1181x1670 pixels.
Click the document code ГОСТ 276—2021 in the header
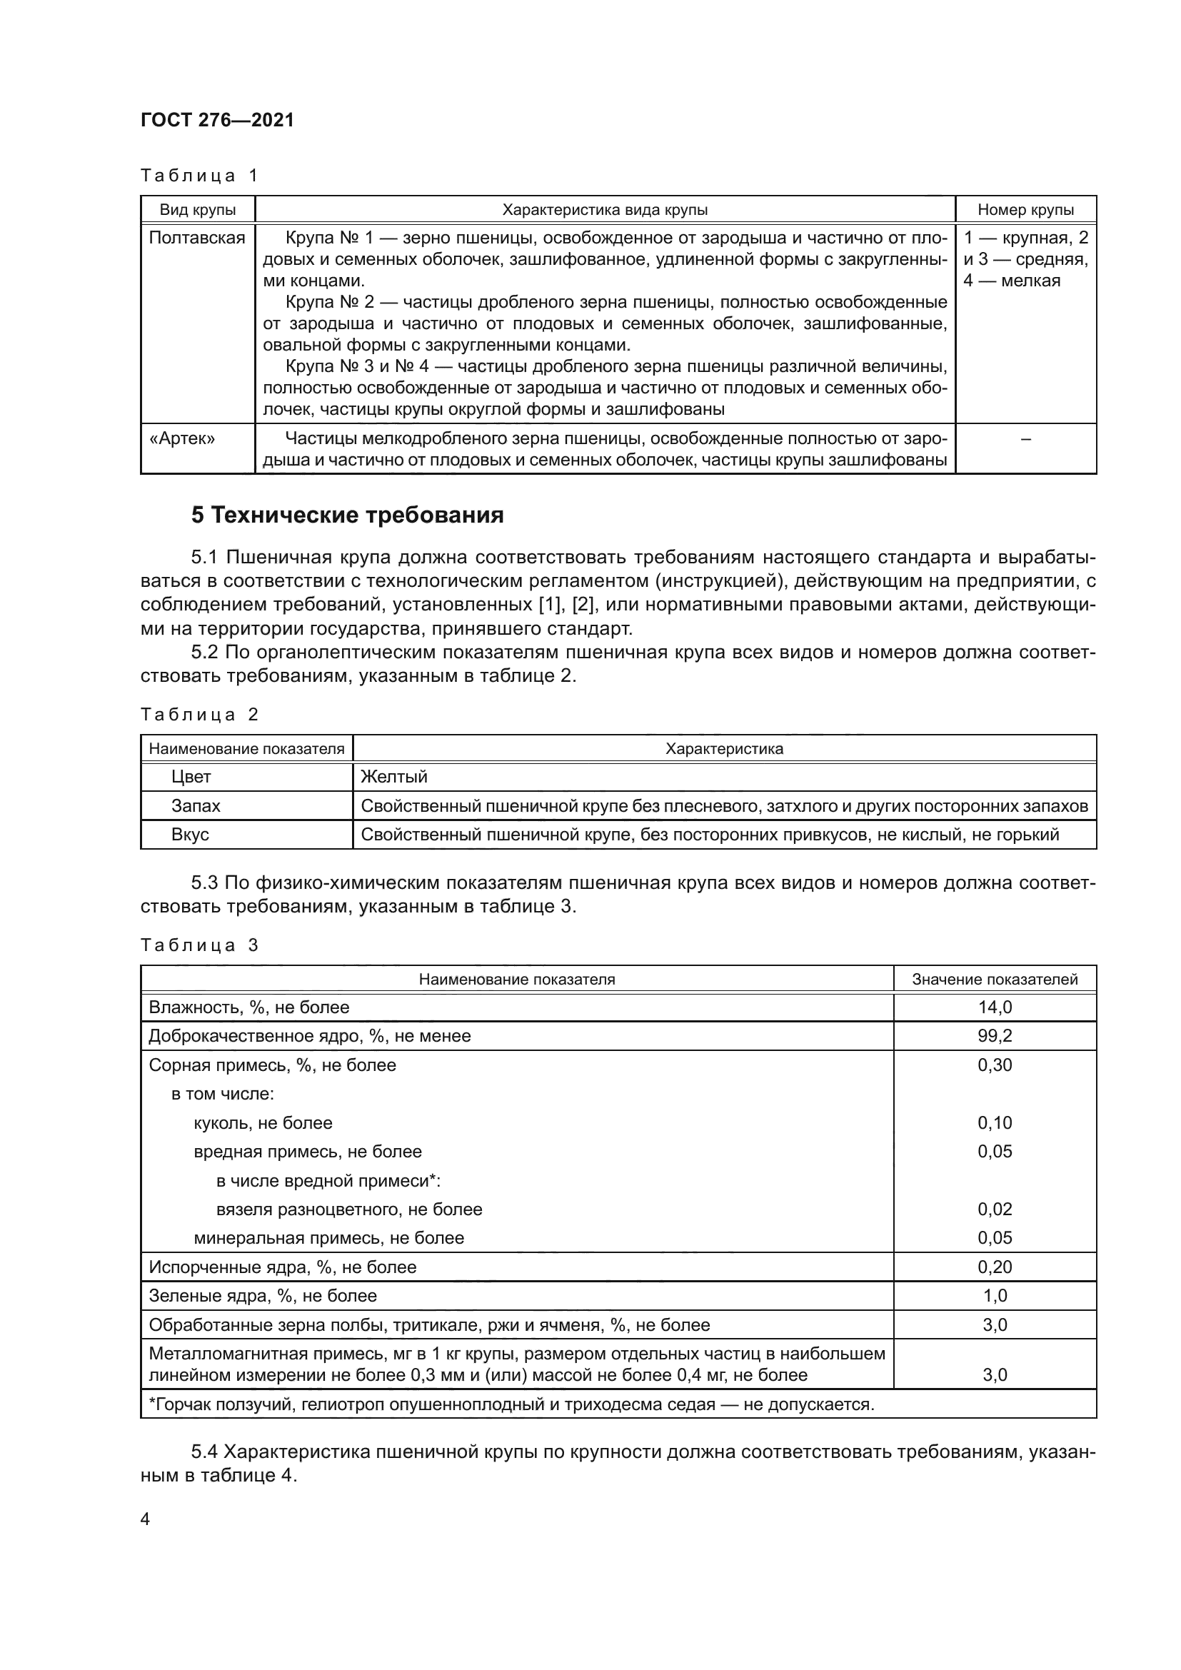[x=218, y=120]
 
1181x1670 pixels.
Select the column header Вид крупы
[x=198, y=210]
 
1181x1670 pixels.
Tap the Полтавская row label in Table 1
[x=197, y=238]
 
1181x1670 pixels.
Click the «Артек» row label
[x=182, y=438]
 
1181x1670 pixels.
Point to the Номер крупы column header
[x=1025, y=210]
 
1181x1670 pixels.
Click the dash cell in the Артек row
[x=1025, y=438]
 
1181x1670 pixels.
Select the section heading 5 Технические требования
[x=348, y=515]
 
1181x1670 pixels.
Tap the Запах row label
[x=196, y=806]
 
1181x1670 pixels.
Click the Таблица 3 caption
[x=199, y=945]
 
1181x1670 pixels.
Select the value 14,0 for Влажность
[x=994, y=1007]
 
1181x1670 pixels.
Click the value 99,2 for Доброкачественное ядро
[x=994, y=1036]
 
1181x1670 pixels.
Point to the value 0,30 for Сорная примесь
[x=994, y=1065]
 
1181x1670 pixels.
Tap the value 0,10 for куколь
[x=994, y=1122]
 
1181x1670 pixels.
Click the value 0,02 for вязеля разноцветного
[x=994, y=1209]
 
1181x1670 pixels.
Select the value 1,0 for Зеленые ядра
[x=994, y=1295]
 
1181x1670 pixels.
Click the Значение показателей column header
[x=994, y=980]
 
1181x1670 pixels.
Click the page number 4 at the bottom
[x=146, y=1519]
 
